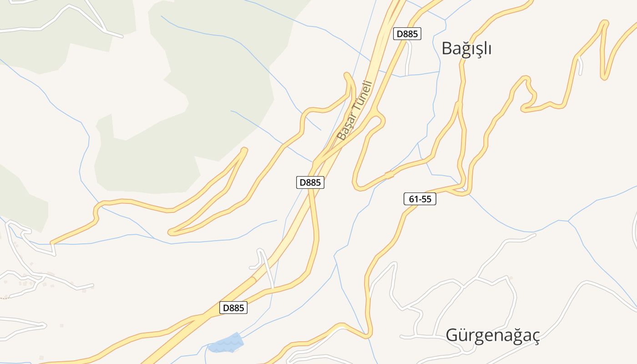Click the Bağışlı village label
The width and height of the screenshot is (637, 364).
click(x=466, y=48)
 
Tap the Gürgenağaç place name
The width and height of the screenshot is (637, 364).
click(x=492, y=335)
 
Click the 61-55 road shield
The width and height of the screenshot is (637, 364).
click(x=420, y=199)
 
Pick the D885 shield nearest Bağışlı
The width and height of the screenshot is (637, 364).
click(x=407, y=34)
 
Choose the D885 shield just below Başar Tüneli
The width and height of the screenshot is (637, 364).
click(x=310, y=182)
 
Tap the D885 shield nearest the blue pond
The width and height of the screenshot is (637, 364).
click(x=234, y=308)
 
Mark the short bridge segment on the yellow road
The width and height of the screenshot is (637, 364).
click(x=389, y=175)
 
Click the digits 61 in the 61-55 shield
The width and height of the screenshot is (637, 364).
click(x=413, y=199)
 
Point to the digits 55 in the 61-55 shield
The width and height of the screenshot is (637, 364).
click(x=427, y=199)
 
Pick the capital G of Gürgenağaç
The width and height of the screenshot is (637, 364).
click(x=452, y=335)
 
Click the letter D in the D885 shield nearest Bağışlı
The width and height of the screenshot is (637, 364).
click(x=399, y=34)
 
